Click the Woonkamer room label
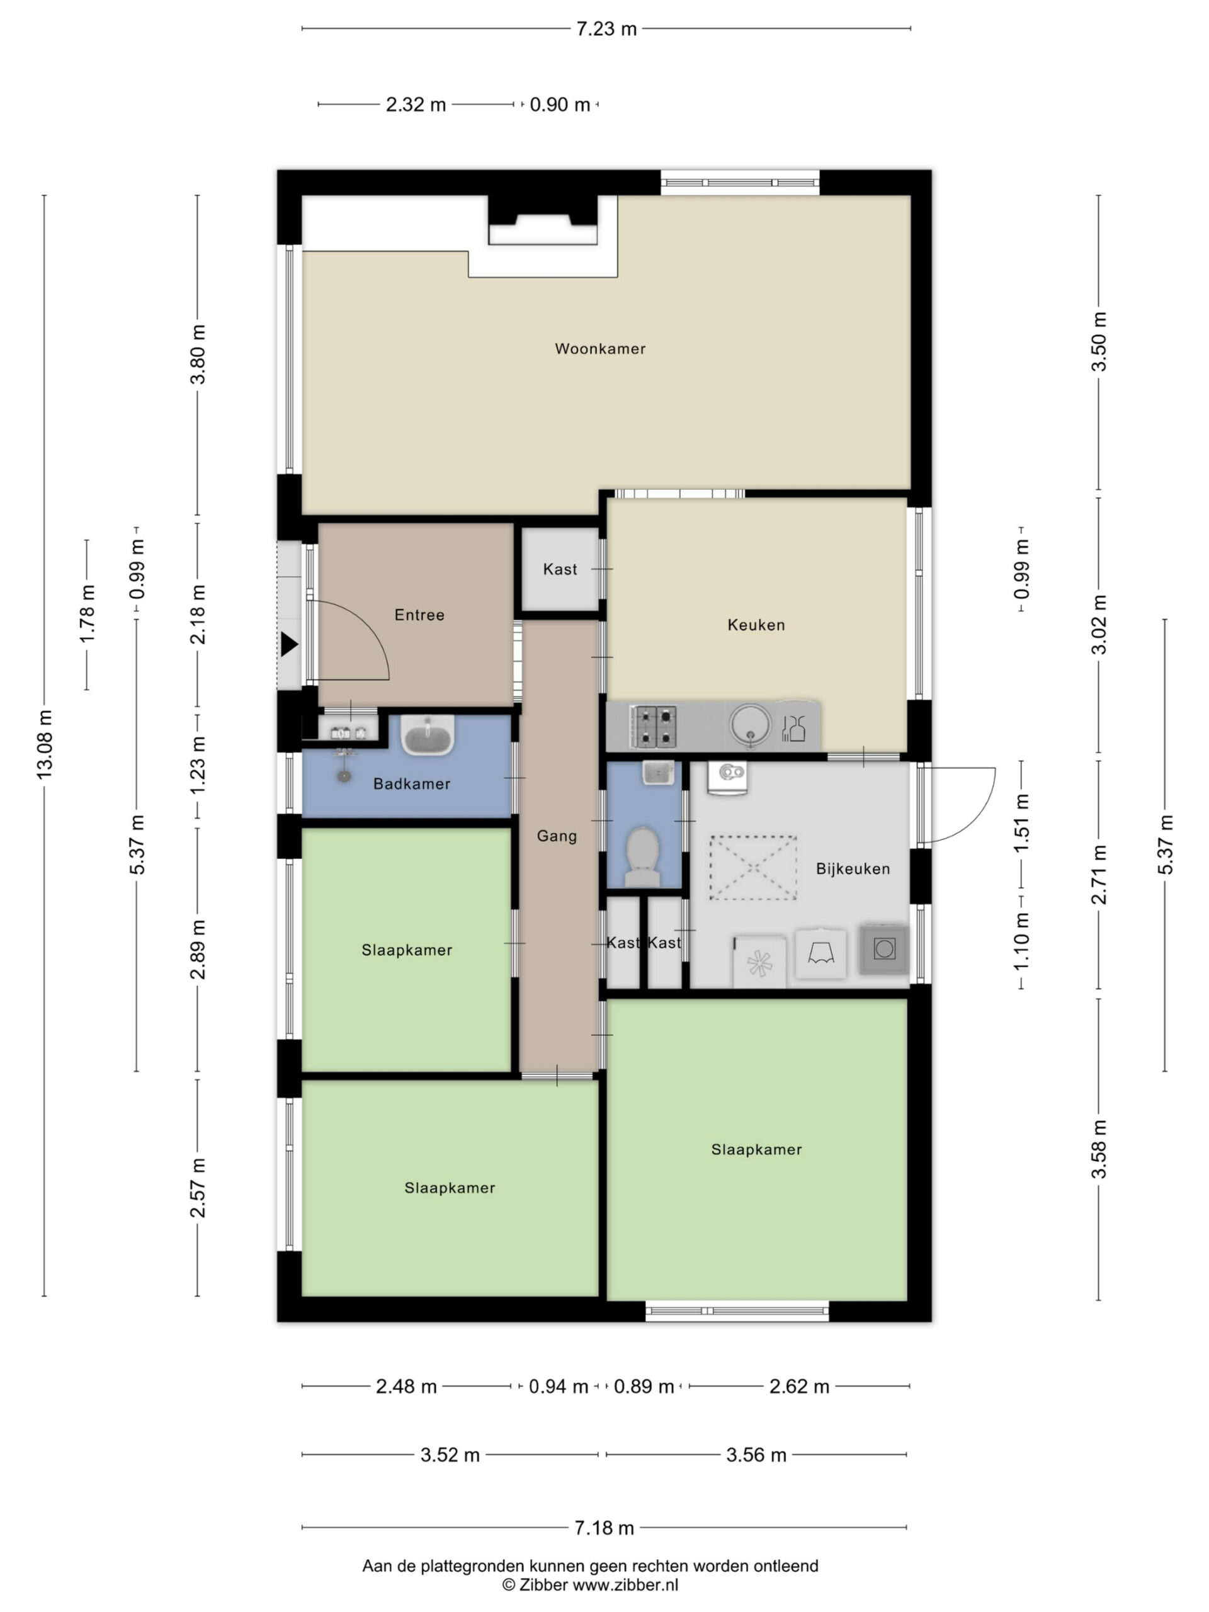point(599,348)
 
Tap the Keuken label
point(756,625)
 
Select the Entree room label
point(419,615)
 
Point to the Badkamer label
point(412,783)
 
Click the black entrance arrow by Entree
point(289,644)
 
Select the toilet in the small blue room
point(643,856)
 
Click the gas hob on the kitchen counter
point(653,727)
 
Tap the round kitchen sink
point(750,725)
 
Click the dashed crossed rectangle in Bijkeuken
point(753,867)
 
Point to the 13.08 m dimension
point(45,744)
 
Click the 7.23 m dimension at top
point(606,29)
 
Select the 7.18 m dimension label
point(604,1528)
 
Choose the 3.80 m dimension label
point(198,354)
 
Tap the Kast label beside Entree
point(560,569)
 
